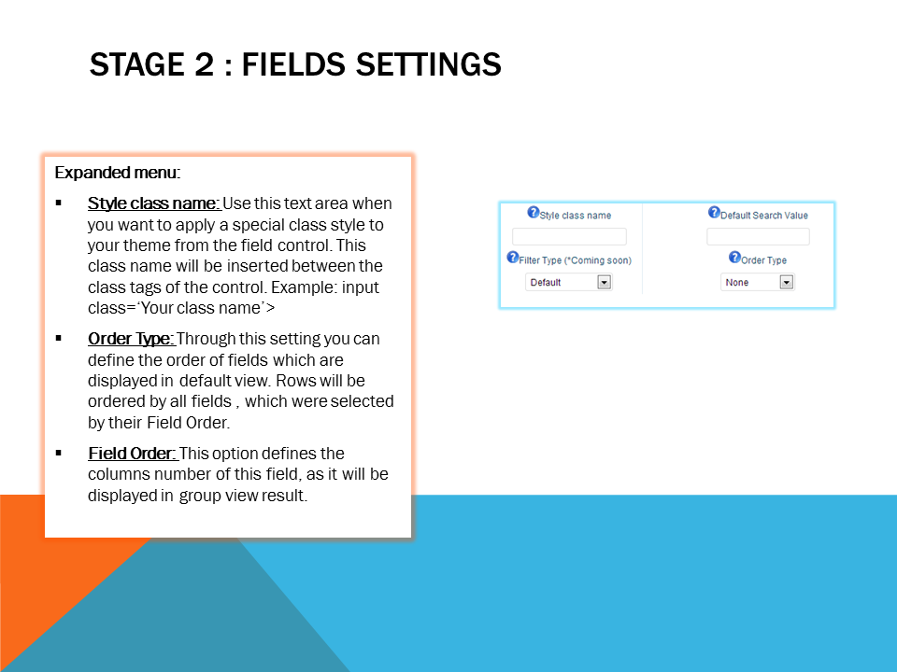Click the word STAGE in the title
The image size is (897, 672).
[x=137, y=64]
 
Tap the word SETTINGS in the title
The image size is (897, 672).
[x=429, y=64]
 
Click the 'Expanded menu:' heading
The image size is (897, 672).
[x=118, y=173]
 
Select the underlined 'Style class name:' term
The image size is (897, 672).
[x=154, y=203]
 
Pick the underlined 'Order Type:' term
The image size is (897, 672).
[x=131, y=339]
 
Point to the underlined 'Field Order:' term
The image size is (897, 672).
[x=133, y=454]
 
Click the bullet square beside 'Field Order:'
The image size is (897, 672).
[x=58, y=454]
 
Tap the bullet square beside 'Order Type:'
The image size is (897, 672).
[x=58, y=338]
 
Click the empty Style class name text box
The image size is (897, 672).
[x=569, y=236]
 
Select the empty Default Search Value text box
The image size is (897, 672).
[x=758, y=236]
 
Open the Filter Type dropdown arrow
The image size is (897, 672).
[x=605, y=282]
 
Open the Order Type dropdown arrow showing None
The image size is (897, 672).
[x=787, y=282]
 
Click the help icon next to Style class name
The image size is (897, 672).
[x=534, y=212]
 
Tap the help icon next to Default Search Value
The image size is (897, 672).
[x=714, y=212]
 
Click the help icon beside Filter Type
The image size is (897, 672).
[x=513, y=258]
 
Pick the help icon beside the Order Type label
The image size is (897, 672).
[x=734, y=258]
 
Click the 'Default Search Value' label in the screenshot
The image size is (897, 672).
[x=764, y=216]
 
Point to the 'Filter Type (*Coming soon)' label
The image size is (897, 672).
[x=575, y=260]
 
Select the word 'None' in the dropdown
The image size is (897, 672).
[x=737, y=282]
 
